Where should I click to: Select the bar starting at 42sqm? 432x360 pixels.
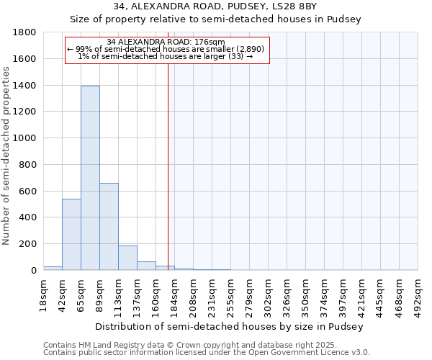tap(71, 234)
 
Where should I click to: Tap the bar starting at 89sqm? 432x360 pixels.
tap(109, 226)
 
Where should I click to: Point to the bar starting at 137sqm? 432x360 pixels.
tap(146, 266)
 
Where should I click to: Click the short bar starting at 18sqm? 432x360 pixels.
tap(53, 268)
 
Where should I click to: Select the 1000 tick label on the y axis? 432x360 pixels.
tap(24, 138)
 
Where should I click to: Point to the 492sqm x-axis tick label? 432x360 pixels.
tap(419, 294)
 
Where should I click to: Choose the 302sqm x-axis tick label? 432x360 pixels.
tap(269, 294)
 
